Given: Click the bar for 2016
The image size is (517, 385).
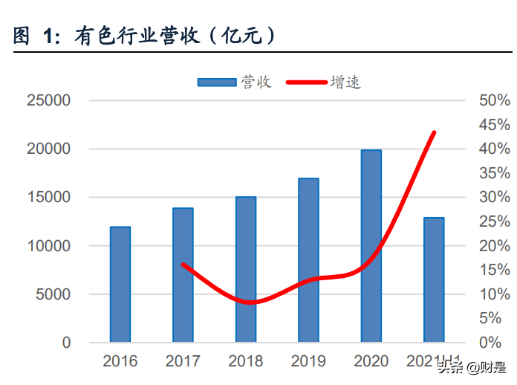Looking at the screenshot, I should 120,285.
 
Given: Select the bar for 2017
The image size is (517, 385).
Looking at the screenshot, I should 183,275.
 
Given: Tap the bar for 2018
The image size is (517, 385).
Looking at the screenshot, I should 246,270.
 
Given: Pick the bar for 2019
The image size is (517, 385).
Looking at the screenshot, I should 308,260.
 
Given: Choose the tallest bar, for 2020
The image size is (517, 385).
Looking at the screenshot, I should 371,246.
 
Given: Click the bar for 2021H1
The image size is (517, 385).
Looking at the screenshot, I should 434,280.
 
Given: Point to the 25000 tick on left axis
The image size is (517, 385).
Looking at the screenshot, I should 49,100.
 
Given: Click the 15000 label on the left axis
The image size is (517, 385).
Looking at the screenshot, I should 49,198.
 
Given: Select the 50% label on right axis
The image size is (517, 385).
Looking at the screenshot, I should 493,100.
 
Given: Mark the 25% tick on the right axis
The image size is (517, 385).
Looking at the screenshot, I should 493,221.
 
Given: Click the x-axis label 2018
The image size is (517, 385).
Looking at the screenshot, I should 246,361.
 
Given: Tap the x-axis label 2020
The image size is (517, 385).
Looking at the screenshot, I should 371,361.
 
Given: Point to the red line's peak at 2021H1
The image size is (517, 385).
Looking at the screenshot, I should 434,132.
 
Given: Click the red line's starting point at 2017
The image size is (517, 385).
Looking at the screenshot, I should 183,265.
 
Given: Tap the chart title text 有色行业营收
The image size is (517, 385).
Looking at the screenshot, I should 141,36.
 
